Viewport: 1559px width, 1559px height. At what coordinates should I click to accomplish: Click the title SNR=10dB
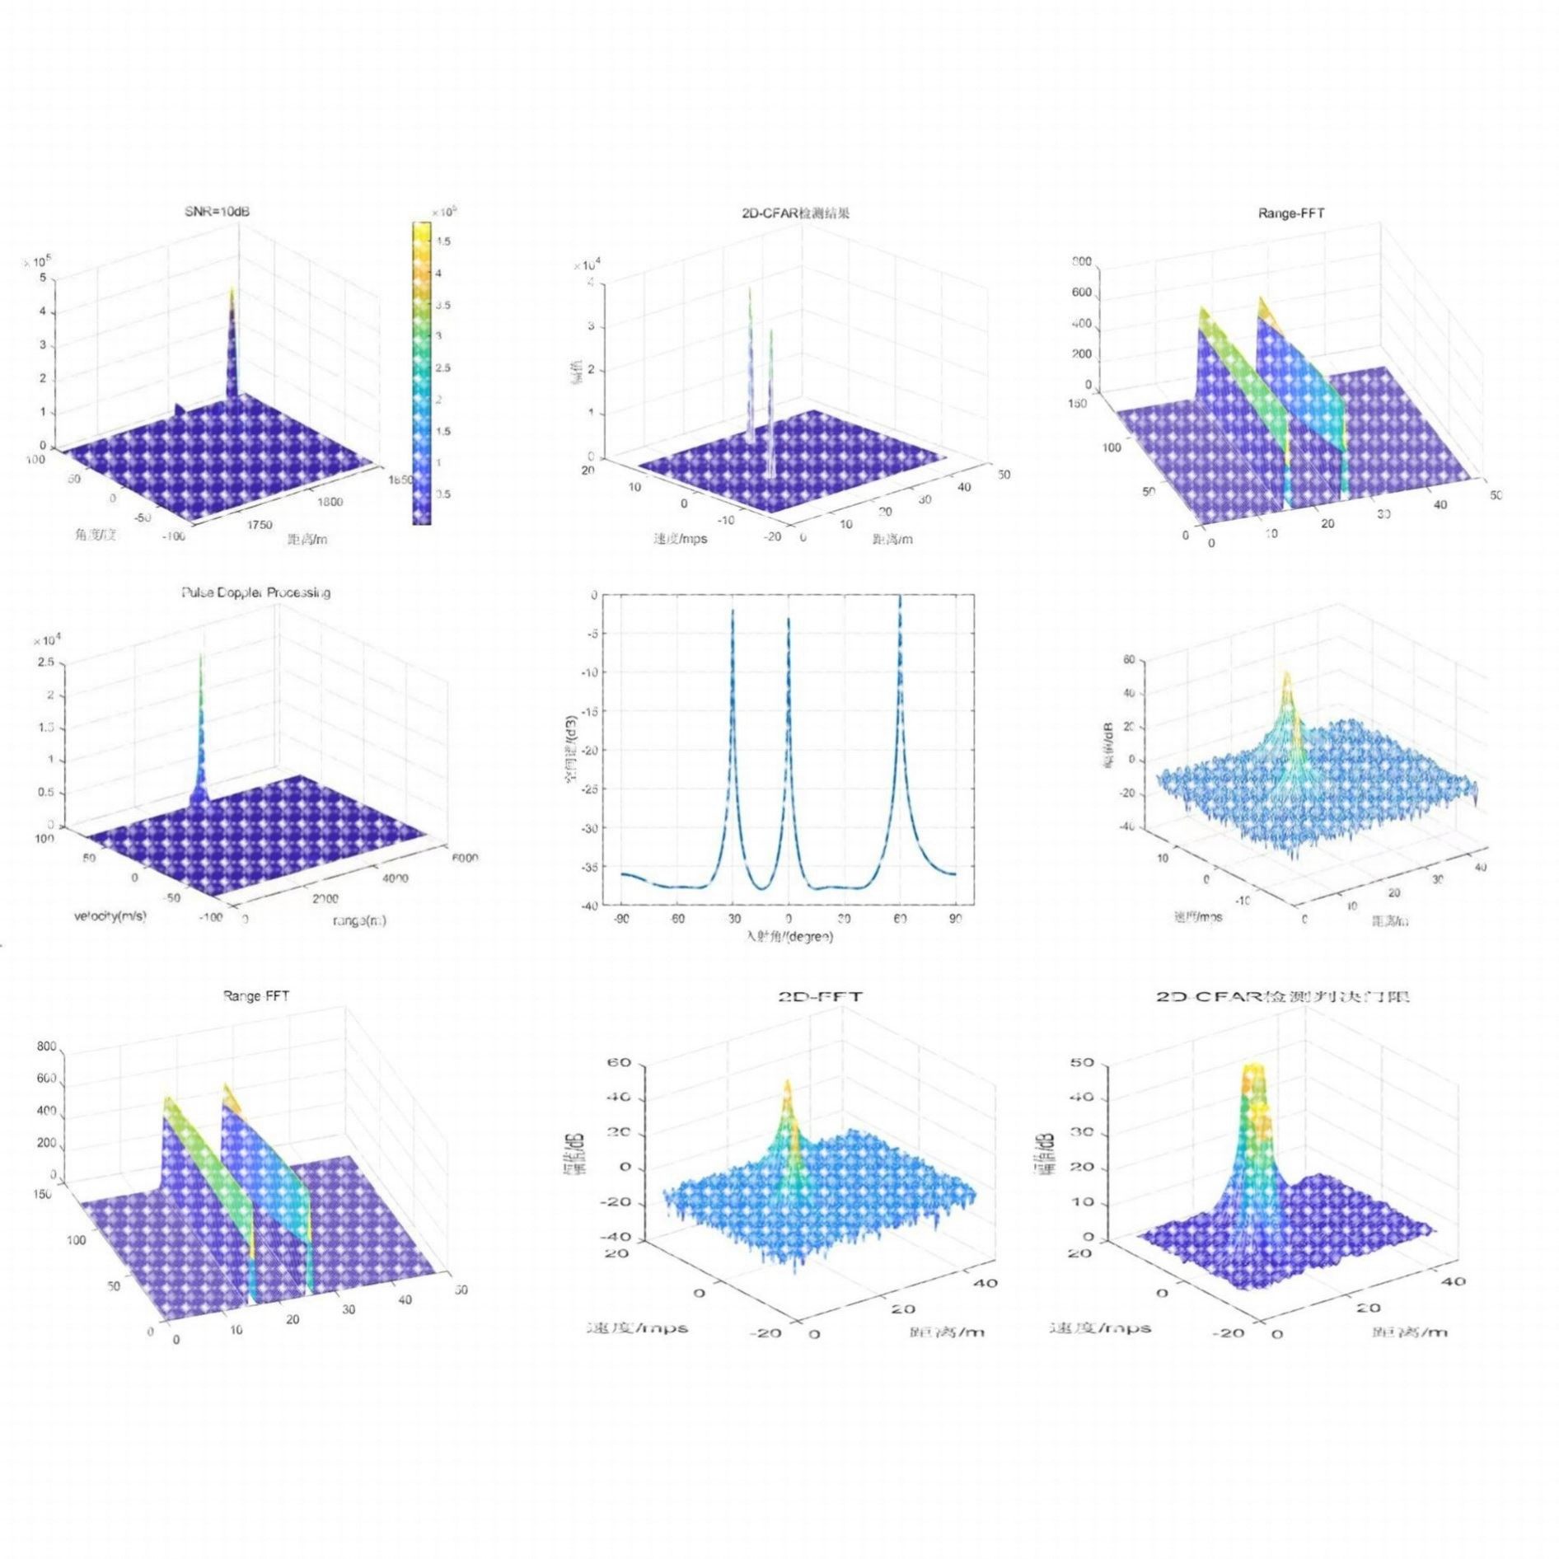(217, 212)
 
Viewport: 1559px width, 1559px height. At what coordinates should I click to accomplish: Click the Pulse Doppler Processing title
(255, 592)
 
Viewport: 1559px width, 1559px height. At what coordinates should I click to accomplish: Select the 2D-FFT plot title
(820, 996)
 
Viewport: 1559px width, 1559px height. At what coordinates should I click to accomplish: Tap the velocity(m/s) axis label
(110, 915)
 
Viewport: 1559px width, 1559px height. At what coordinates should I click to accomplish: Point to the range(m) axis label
(359, 920)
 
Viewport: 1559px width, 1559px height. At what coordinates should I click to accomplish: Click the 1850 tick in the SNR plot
(401, 480)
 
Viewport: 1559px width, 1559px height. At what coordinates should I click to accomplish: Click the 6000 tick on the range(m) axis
(464, 857)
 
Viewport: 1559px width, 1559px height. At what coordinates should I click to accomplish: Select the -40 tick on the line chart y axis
(588, 906)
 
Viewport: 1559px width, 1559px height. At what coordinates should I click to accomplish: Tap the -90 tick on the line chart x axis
(621, 919)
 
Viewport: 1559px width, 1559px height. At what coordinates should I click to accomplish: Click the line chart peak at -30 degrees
(733, 610)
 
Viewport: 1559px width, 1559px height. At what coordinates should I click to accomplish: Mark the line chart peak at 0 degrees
(788, 619)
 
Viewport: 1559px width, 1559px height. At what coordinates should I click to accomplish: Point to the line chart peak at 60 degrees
(900, 597)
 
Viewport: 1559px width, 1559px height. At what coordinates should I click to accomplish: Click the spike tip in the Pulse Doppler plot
(201, 657)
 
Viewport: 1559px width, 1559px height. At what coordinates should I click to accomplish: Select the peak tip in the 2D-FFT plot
(788, 1081)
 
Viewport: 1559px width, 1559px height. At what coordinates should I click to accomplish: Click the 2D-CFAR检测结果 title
(795, 213)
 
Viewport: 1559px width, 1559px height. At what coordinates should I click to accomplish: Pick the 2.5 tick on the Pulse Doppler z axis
(45, 662)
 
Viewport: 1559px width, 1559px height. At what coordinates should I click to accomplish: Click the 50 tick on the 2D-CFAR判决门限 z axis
(1083, 1062)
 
